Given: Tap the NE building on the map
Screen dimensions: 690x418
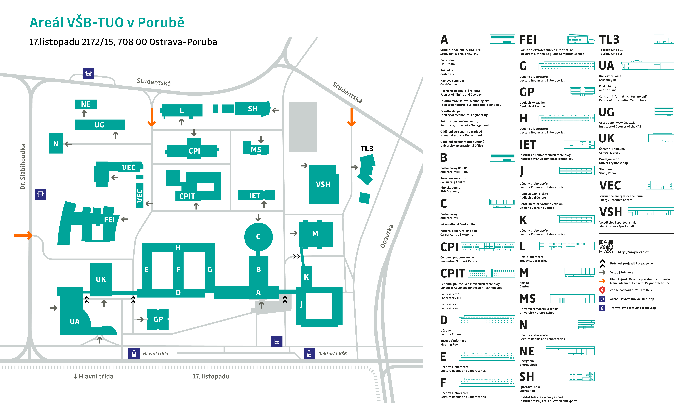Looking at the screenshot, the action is click(x=86, y=104).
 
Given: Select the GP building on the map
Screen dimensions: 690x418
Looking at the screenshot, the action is click(x=158, y=319).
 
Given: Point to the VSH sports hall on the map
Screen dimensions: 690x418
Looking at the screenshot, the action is click(x=324, y=185).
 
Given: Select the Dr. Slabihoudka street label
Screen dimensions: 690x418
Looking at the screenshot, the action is click(x=23, y=166).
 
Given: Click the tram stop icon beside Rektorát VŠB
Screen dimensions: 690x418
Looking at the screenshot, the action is click(x=309, y=354).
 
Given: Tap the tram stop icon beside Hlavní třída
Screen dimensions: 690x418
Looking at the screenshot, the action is click(x=134, y=354).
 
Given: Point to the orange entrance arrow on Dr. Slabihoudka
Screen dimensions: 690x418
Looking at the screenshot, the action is click(x=23, y=235).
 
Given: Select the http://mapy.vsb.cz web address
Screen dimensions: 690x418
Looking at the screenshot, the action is click(x=633, y=252).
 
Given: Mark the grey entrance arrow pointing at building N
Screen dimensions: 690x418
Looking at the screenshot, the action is click(x=68, y=144).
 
